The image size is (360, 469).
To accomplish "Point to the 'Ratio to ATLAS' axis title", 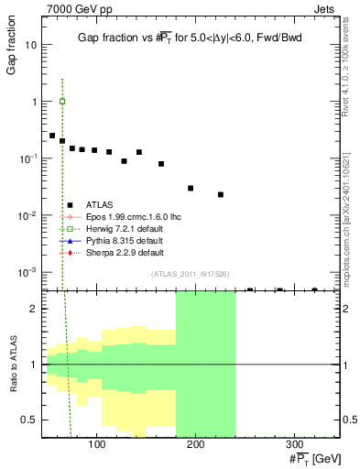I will click(x=11, y=365).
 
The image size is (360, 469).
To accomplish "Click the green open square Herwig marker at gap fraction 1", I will click(x=61, y=102).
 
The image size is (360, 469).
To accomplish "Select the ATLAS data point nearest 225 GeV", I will click(x=221, y=194).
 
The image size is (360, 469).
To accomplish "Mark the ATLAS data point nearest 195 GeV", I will click(x=191, y=188).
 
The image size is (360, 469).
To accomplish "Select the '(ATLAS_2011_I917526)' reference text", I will click(x=191, y=275).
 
